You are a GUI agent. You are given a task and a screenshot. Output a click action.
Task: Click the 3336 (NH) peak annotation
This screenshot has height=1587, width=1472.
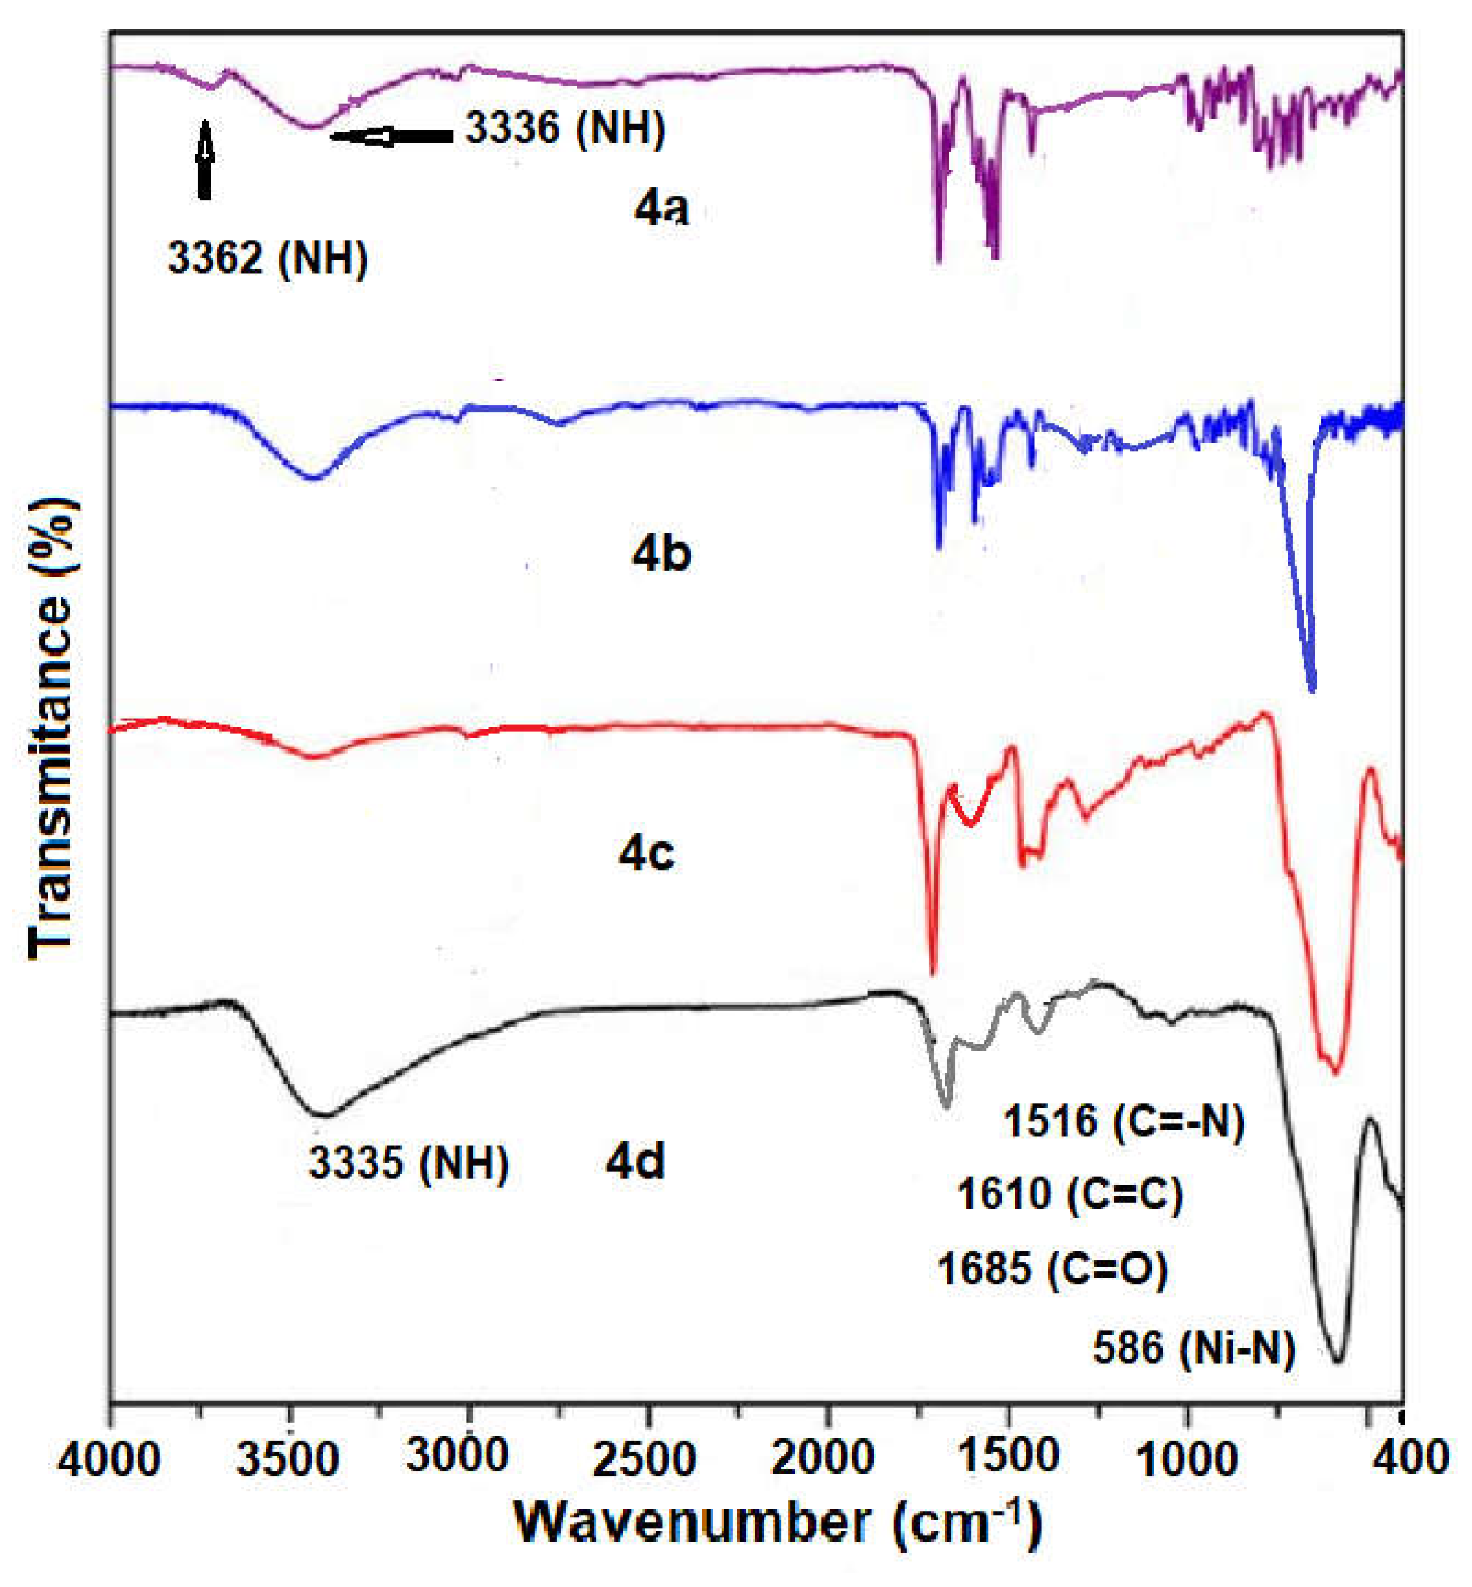point(565,128)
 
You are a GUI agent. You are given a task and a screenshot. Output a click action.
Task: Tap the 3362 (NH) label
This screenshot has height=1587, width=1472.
point(268,258)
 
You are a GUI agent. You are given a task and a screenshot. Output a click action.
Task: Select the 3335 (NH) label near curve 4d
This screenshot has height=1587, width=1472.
point(409,1163)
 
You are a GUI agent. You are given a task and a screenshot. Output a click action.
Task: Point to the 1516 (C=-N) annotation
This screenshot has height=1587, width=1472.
point(1123,1121)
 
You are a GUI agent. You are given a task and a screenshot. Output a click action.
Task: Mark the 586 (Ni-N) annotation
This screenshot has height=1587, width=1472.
point(1194,1348)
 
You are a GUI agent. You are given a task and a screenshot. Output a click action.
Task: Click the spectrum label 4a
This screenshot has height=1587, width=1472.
point(661,209)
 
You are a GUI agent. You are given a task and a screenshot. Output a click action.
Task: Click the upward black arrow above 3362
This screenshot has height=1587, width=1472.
point(205,160)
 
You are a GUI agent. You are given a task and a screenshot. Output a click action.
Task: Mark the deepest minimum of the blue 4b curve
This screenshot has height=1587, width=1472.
point(1312,687)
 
